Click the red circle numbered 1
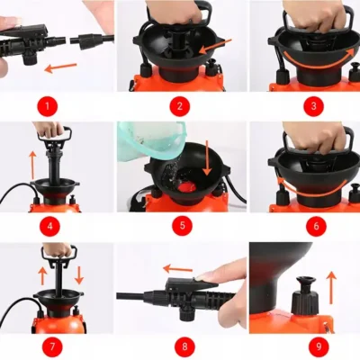click(48, 106)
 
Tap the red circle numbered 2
click(180, 106)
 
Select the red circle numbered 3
click(313, 106)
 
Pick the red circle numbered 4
click(50, 226)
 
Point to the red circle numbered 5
click(182, 226)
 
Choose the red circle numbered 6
click(316, 226)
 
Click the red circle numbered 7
click(52, 346)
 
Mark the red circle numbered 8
click(184, 346)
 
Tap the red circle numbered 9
click(319, 346)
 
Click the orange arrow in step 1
click(60, 67)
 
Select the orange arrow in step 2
click(216, 47)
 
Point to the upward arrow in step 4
click(32, 166)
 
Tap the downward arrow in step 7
click(79, 274)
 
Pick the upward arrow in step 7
click(42, 274)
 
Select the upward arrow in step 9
click(332, 288)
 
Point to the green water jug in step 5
click(148, 140)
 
